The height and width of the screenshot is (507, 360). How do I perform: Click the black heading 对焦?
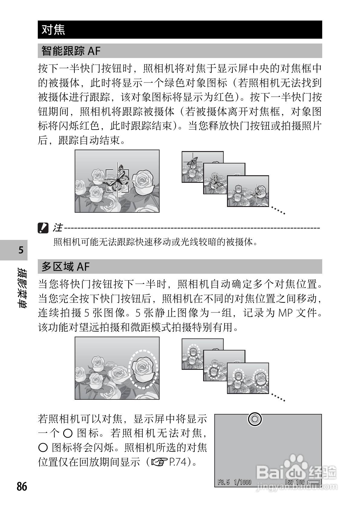click(x=54, y=30)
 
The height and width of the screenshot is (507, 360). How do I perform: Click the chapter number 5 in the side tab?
click(x=21, y=250)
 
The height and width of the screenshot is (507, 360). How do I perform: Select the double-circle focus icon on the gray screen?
click(x=255, y=419)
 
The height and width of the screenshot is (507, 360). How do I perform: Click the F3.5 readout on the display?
click(x=224, y=482)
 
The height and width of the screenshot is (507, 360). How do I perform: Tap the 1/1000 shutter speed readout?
click(x=242, y=482)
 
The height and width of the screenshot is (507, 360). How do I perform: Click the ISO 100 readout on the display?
click(x=295, y=482)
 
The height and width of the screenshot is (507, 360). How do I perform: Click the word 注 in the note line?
click(x=57, y=228)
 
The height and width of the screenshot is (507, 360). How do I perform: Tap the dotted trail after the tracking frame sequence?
click(x=278, y=210)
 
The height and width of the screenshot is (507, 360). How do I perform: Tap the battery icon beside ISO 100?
click(x=314, y=483)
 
